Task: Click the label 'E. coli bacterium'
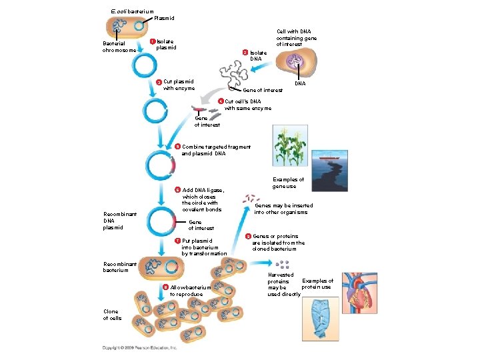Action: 131,11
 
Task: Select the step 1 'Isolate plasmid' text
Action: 166,44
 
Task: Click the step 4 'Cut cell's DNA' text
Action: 247,105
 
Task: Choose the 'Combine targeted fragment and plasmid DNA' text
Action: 215,150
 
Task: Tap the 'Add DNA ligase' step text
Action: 203,199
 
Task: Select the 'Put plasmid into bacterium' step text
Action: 203,247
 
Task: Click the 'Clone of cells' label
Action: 112,315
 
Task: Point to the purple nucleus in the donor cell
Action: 294,63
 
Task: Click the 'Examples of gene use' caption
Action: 288,183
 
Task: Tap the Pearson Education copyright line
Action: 140,348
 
